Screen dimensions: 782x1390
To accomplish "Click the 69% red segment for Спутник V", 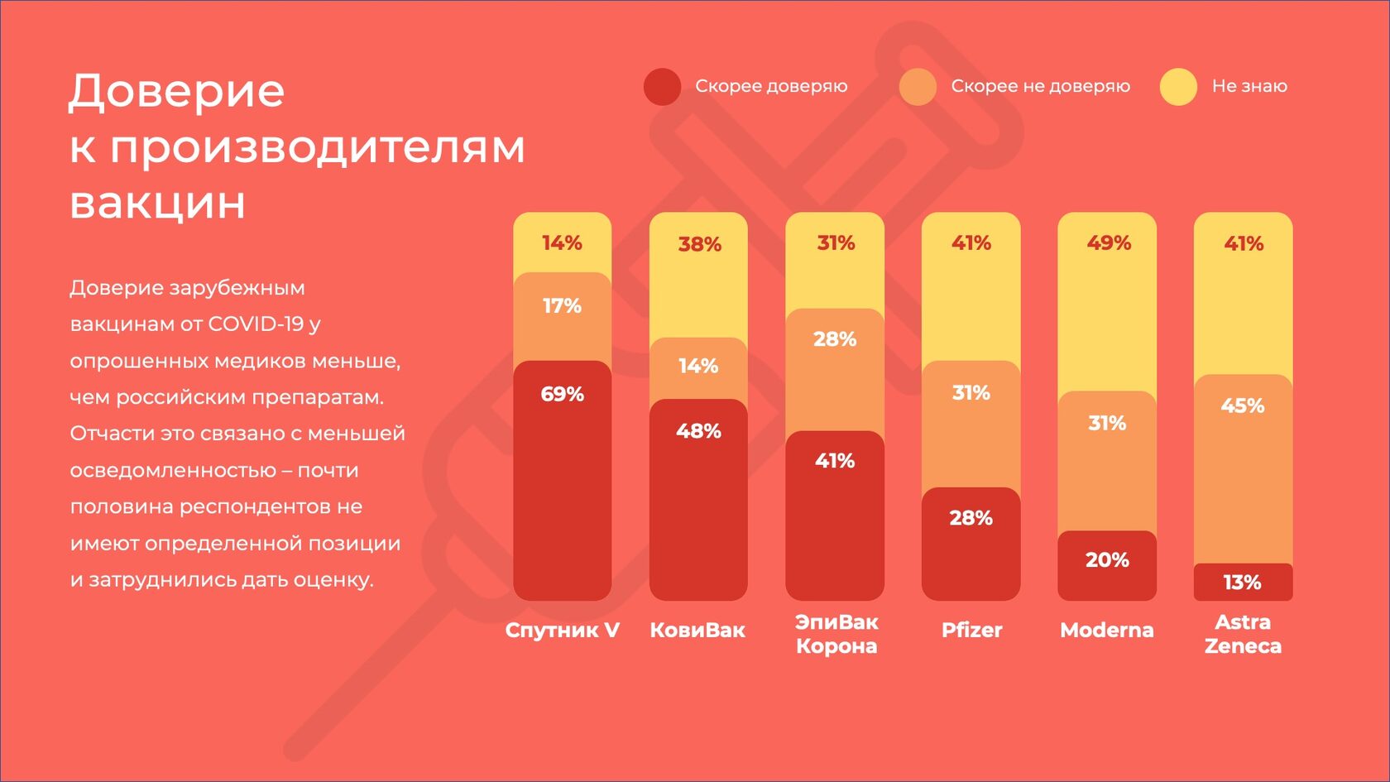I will [562, 480].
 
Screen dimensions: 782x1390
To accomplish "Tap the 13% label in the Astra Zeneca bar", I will [1242, 583].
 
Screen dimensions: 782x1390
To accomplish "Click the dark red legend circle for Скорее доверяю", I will [662, 87].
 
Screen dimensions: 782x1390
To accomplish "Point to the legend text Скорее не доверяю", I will [1040, 86].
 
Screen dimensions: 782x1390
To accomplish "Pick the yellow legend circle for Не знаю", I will [1178, 87].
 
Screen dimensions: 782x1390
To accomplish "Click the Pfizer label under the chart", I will [971, 630].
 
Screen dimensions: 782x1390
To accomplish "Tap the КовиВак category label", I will [697, 630].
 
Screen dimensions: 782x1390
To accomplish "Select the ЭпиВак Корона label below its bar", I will [836, 634].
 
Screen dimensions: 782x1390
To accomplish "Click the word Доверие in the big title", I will [176, 91].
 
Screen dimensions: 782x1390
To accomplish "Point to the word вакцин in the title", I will [157, 202].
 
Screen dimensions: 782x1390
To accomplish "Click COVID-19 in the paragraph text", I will [256, 324].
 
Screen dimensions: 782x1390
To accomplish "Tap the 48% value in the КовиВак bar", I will [698, 431].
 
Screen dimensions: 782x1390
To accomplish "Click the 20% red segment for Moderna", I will [1107, 566].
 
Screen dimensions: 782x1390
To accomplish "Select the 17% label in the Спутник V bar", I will [562, 306].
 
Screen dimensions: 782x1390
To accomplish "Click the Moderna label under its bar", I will [1107, 630].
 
